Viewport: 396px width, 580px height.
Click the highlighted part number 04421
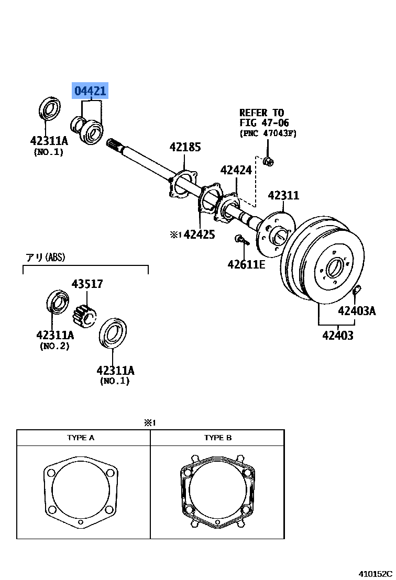point(90,92)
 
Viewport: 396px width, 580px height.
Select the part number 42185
point(185,148)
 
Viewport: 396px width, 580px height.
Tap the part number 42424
point(236,170)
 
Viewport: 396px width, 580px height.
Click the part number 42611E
point(246,264)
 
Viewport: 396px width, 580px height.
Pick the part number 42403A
point(357,311)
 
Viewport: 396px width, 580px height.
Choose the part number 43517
point(87,284)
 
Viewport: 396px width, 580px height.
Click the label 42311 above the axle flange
point(283,196)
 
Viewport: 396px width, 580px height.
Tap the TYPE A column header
point(81,438)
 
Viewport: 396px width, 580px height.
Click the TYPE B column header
point(218,438)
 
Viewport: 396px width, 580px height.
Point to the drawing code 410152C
point(375,574)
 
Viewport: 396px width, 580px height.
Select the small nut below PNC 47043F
point(268,161)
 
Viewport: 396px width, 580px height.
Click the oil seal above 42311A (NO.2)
point(57,303)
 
